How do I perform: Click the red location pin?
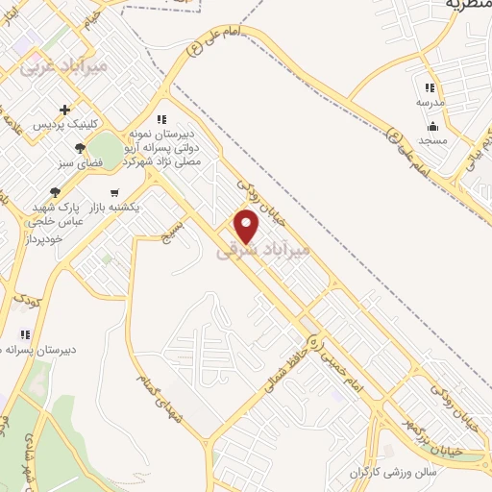(248, 227)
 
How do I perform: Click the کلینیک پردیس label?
(61, 126)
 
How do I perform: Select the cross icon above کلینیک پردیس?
(65, 110)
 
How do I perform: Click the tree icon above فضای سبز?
(80, 148)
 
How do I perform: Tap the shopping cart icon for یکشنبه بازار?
(115, 191)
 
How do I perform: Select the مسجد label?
(432, 140)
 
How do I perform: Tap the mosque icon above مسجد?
(432, 125)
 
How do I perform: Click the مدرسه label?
(430, 101)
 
